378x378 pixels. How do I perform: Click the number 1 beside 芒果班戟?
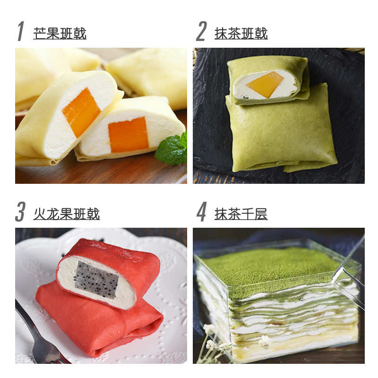[21, 31]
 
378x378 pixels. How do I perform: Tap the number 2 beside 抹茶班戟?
[201, 31]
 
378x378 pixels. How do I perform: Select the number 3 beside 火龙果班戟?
[20, 211]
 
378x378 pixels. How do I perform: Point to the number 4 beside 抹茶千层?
[202, 211]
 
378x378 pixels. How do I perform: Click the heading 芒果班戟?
[60, 33]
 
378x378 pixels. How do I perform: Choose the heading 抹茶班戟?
[241, 33]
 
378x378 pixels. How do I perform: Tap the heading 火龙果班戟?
[67, 214]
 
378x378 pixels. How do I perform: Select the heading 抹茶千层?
[241, 214]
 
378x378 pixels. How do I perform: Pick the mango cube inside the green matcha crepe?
[265, 85]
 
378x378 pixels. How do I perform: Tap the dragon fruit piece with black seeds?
[95, 280]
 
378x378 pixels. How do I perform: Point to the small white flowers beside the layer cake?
[212, 342]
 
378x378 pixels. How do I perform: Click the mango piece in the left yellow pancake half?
[81, 112]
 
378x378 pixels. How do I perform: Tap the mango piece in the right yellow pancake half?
[128, 135]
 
